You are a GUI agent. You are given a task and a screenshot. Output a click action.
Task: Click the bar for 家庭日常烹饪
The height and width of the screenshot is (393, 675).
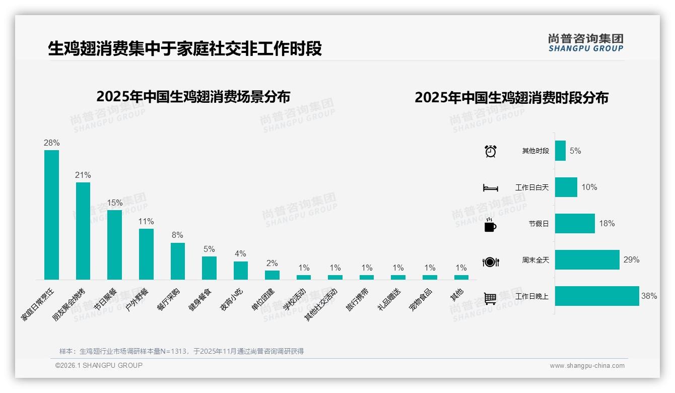51,215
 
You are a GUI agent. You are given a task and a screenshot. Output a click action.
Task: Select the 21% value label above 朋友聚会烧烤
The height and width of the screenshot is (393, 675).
83,175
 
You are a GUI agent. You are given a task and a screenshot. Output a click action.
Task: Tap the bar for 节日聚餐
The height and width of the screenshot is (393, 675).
114,244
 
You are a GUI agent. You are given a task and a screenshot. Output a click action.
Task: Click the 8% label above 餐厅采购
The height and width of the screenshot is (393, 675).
177,235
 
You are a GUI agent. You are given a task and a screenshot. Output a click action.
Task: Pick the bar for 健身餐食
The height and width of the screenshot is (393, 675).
209,268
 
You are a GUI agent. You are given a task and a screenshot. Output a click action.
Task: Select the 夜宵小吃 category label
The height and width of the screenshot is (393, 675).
231,300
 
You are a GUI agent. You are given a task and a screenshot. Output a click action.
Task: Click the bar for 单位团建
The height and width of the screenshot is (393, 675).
272,275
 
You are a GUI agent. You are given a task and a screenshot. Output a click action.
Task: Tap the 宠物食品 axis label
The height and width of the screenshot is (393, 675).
421,300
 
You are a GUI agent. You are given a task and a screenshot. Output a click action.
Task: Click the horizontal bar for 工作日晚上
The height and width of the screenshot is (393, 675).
597,296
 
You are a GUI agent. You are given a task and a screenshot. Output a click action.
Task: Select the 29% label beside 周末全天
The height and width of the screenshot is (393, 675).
631,260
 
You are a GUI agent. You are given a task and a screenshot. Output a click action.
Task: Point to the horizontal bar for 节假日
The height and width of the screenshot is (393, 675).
575,224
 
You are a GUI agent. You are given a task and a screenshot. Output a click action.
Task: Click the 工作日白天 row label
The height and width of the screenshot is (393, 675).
532,187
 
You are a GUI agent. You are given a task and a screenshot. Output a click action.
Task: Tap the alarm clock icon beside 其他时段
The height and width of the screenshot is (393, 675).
491,151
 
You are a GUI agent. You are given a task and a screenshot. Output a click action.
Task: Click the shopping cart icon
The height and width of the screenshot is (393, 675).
490,298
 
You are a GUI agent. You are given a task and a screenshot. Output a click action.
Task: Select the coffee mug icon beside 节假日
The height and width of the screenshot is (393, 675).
490,225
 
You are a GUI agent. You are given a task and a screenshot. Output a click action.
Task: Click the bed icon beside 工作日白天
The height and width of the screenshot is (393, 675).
490,188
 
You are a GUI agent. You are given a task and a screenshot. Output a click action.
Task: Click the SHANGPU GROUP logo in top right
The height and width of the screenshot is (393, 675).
585,43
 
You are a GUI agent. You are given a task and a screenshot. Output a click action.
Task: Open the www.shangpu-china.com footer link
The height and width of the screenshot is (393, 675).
587,366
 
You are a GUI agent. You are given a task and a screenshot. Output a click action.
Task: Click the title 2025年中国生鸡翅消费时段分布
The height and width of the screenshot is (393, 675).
511,97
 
